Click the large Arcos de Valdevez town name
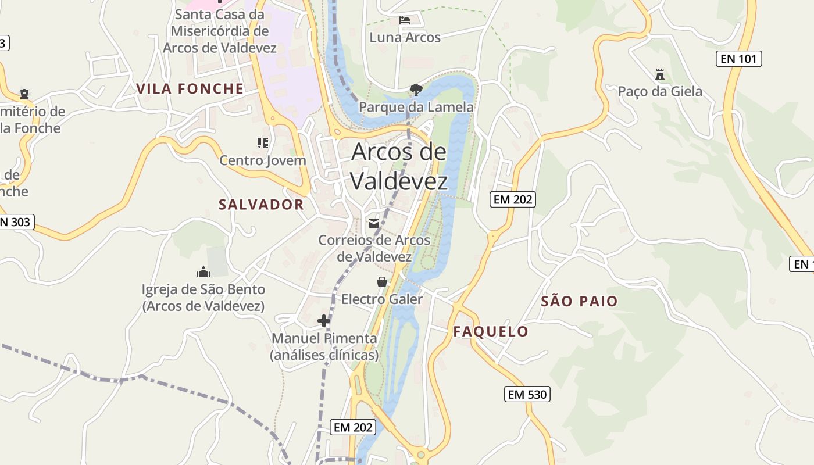(399, 166)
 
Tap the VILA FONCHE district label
(190, 88)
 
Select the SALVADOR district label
(261, 204)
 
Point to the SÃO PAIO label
(579, 301)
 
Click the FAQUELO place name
(491, 332)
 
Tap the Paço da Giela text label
(660, 91)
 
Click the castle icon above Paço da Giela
(659, 74)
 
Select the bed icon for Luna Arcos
(405, 20)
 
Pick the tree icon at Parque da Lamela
(416, 90)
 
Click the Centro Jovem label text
(263, 160)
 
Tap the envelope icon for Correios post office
(374, 223)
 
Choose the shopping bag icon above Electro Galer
(382, 282)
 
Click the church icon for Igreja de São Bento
(203, 271)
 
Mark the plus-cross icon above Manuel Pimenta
(324, 320)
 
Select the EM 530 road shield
(527, 394)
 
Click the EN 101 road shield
(738, 58)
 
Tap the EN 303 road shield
(16, 221)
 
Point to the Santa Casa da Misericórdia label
(220, 31)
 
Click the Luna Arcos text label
(405, 37)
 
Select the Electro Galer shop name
(382, 299)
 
